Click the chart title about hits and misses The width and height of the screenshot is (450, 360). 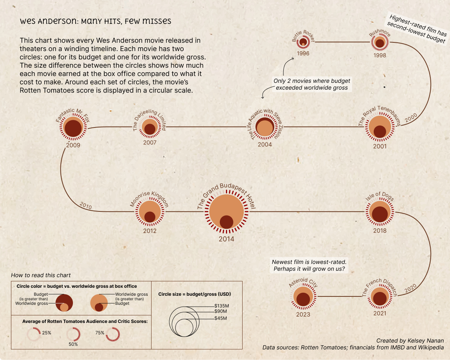[x=96, y=21]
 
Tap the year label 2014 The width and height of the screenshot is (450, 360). [x=226, y=239]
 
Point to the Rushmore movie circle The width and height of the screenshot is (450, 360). [x=380, y=42]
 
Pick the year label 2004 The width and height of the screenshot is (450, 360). [x=265, y=144]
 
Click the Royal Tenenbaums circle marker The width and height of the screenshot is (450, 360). [x=380, y=127]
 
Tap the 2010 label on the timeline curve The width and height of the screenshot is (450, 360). [x=86, y=206]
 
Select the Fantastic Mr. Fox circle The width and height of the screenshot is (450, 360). [x=73, y=128]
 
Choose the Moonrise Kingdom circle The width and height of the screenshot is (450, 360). [x=150, y=213]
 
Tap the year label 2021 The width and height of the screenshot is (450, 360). [x=380, y=313]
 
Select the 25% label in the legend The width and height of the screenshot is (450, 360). [x=46, y=333]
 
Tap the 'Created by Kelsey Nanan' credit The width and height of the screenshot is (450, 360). [x=410, y=341]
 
